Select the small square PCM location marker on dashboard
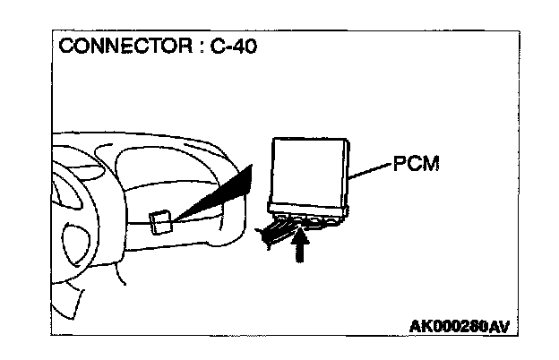[161, 221]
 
